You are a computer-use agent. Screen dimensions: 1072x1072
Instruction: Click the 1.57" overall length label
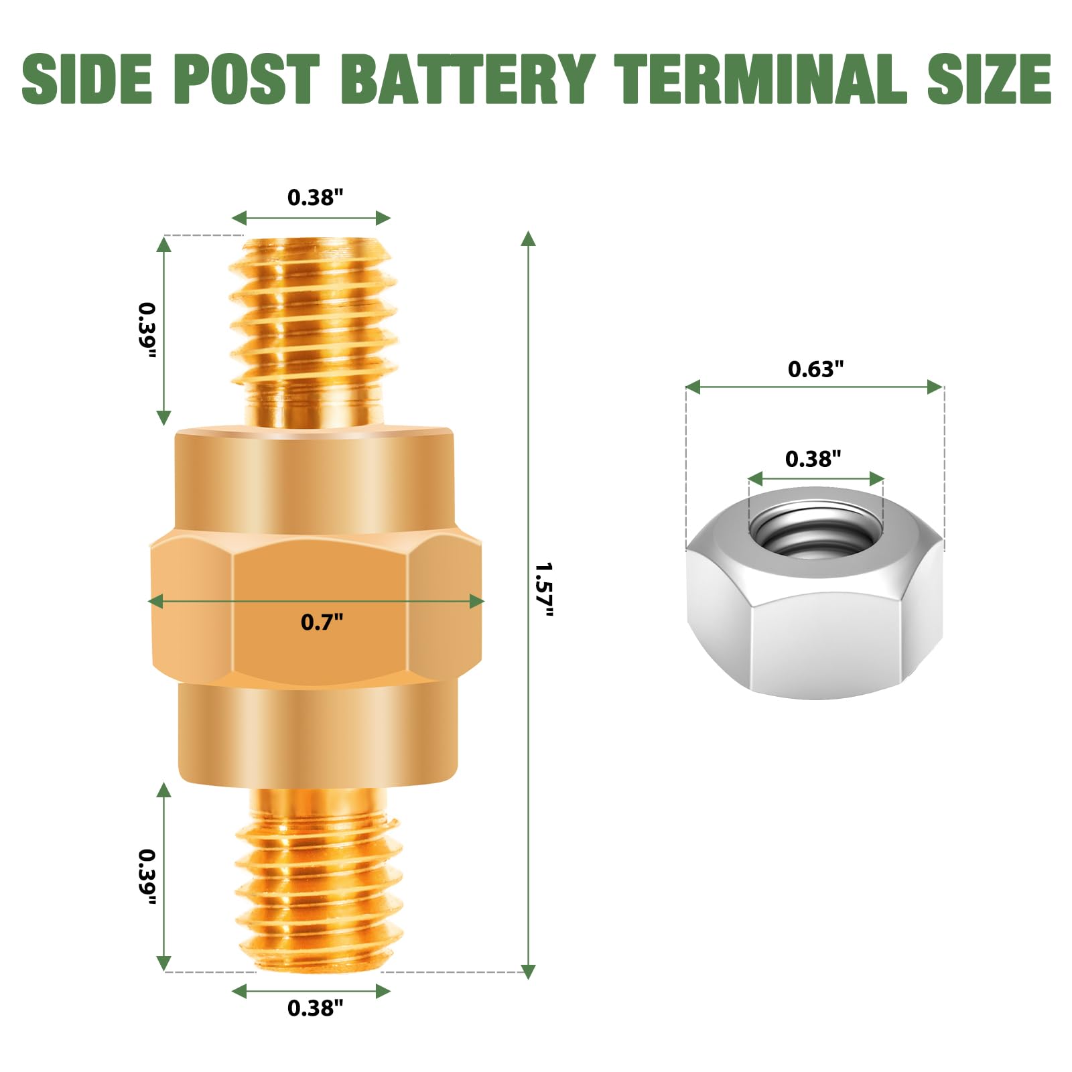544,590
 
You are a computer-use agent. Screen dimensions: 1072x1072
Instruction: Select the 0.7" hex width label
322,622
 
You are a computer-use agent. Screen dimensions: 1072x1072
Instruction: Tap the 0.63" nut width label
815,369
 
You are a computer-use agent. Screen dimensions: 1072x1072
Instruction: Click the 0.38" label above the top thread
315,198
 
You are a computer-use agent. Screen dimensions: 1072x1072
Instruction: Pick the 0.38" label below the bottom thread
315,1008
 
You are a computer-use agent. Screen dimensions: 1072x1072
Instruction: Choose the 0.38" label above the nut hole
813,460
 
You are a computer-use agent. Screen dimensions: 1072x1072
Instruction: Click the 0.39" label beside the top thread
147,330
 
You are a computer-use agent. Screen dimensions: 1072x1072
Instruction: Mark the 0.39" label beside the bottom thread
147,877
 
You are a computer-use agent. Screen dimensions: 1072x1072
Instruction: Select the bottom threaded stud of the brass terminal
318,878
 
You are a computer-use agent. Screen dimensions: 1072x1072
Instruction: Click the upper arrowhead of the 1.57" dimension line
528,239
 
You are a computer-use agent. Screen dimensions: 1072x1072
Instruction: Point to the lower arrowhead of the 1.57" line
528,971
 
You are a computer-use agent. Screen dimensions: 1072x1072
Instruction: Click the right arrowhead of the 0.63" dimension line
935,387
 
